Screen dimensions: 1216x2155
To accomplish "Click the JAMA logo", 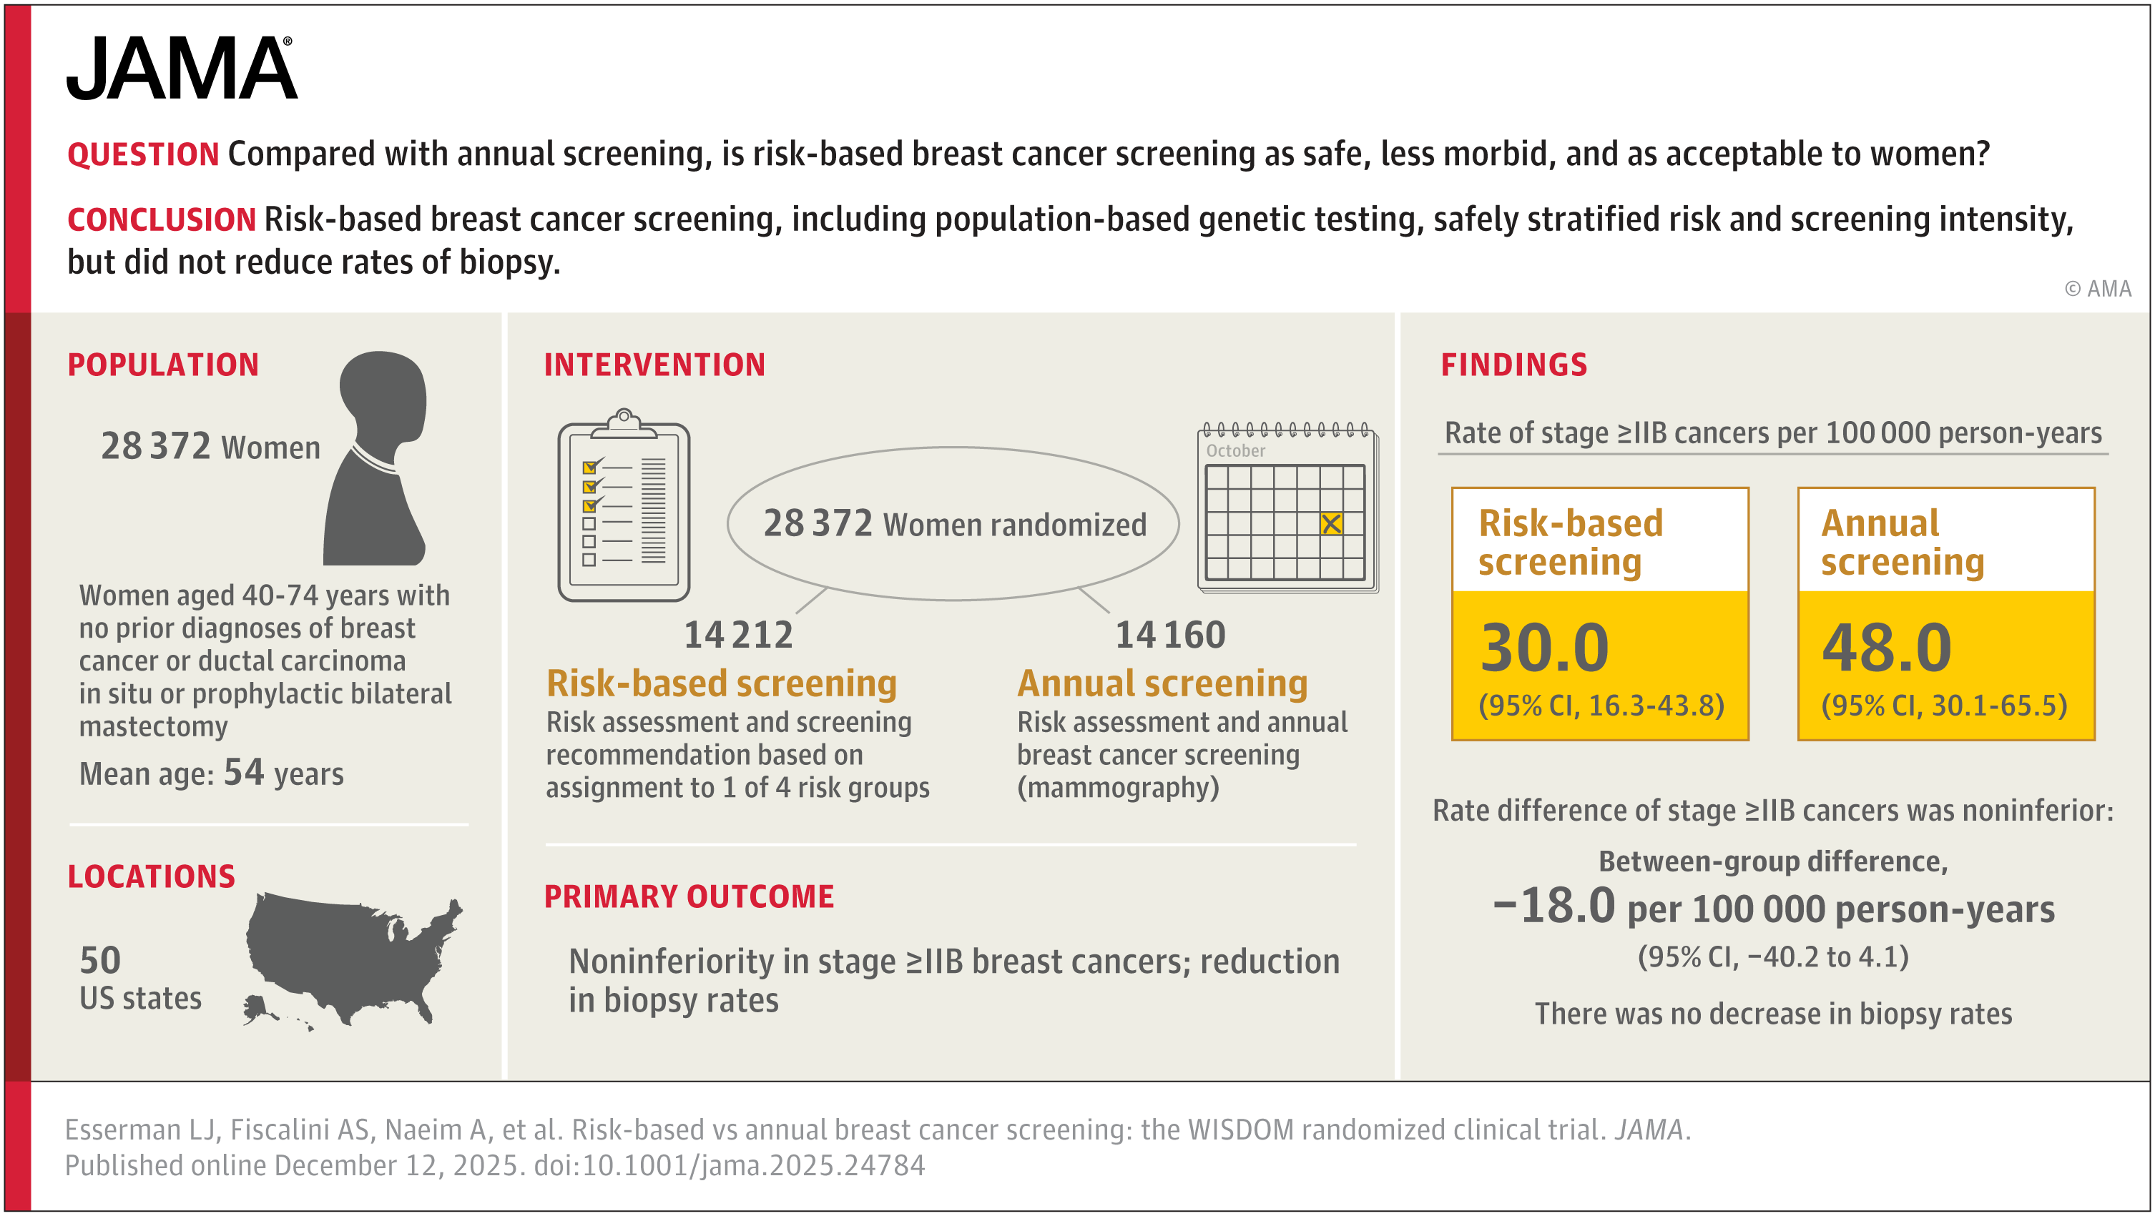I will point(182,69).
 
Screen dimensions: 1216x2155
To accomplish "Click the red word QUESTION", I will point(143,154).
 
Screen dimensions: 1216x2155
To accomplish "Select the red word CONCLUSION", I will point(162,220).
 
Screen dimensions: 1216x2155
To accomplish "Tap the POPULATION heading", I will point(163,365).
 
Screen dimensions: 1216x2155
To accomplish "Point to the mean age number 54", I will point(243,772).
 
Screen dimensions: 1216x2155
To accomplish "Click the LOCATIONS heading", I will point(152,876).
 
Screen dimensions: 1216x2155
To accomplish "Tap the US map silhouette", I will point(351,958).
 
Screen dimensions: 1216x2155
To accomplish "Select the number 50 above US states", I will point(100,960).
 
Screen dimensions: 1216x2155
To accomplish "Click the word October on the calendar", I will point(1236,451).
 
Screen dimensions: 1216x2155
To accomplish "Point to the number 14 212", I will point(738,635).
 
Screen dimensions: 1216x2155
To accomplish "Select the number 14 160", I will point(1169,635).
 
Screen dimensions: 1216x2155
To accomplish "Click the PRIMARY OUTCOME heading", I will point(689,896).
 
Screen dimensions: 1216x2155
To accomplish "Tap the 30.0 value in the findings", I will point(1544,648).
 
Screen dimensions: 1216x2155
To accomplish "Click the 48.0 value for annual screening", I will point(1887,648).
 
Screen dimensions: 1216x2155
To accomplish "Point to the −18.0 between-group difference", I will point(1554,906).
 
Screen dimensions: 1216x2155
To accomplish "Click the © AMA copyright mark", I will point(2097,289).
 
